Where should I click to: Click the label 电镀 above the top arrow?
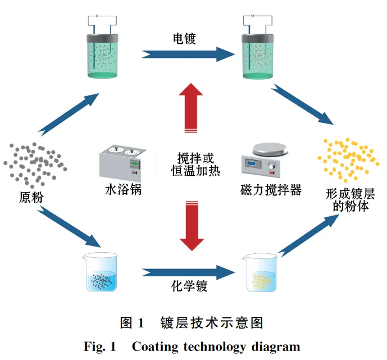pos(184,39)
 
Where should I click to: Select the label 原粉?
pos(31,197)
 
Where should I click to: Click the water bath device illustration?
pos(123,162)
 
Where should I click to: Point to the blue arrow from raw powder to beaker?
pos(70,228)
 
